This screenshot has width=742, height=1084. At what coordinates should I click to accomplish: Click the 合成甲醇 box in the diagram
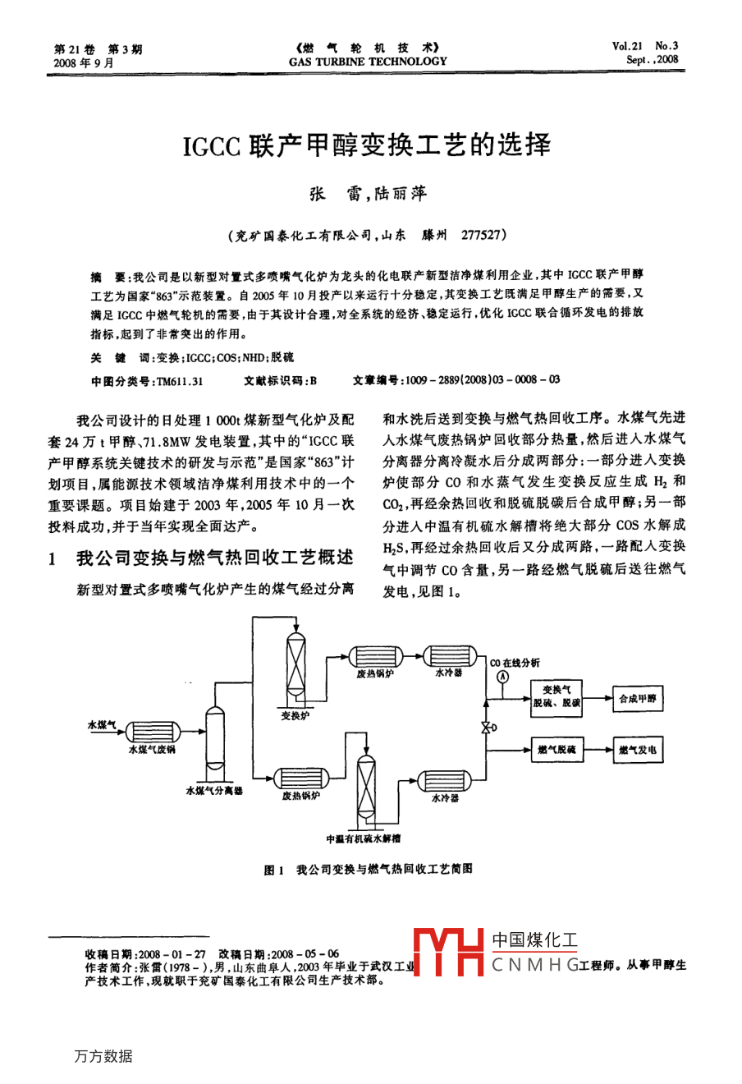(x=638, y=699)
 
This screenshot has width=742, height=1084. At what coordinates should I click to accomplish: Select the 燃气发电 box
(x=638, y=750)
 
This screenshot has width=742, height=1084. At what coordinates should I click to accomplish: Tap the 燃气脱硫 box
(x=556, y=750)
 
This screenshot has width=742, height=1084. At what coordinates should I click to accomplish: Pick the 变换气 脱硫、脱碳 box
(x=556, y=696)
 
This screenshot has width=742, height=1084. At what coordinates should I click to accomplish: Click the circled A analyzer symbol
(x=502, y=677)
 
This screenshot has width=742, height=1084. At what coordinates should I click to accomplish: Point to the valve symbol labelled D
(x=486, y=728)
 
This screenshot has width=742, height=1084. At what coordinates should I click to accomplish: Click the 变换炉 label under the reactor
(x=295, y=716)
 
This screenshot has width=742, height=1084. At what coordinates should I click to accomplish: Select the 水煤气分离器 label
(x=214, y=790)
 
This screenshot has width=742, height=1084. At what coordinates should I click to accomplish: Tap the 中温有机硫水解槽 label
(x=364, y=838)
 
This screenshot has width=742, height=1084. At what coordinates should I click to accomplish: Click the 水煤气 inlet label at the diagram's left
(x=101, y=725)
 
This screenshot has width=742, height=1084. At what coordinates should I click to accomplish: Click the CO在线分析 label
(x=515, y=663)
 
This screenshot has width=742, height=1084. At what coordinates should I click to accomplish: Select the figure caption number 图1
(x=273, y=870)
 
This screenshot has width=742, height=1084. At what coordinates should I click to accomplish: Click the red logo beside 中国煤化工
(x=448, y=952)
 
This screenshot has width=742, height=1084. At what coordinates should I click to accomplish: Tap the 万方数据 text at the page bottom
(x=103, y=1056)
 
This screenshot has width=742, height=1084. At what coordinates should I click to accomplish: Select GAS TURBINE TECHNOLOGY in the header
(x=368, y=61)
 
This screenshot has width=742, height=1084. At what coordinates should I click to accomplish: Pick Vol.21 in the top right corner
(x=627, y=47)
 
